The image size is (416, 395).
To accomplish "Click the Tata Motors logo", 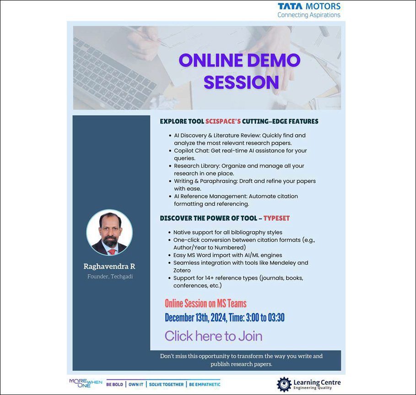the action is coord(309,11).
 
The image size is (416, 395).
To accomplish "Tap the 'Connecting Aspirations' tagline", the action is coord(309,15).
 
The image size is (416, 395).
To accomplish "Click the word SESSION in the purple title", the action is coord(241,82).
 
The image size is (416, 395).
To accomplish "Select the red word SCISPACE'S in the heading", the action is coord(223,121).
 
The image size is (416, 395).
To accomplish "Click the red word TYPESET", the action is coord(276,218).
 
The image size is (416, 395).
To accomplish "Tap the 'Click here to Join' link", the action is coord(214,336).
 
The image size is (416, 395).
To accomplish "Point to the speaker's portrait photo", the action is coord(109,233).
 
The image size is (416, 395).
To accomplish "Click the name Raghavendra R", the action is coord(109,266).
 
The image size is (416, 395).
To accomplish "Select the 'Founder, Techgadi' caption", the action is coord(110,276).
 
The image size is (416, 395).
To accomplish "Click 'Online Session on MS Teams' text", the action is coord(205,303).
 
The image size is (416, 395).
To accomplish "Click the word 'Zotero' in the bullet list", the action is coord(182,271).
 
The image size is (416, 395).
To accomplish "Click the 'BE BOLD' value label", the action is coord(114,384).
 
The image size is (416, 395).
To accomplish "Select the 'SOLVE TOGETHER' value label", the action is coord(166,384).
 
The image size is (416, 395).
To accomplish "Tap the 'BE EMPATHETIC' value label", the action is coord(205,384).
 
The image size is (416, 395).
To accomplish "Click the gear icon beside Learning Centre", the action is coord(284,384).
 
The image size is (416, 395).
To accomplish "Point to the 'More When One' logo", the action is coord(86,383).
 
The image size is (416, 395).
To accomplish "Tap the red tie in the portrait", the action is coord(112,252).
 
